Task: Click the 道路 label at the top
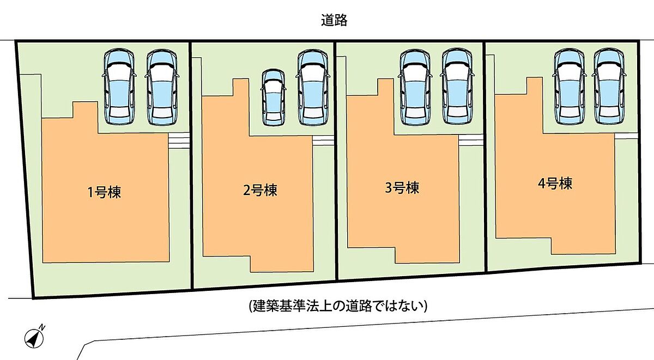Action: (334, 20)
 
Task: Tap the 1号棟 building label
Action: (104, 192)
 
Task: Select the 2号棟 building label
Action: (260, 190)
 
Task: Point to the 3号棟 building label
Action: (402, 187)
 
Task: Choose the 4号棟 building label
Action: (555, 184)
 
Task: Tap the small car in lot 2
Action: (273, 97)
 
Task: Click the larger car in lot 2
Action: (313, 88)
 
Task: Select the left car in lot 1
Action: (119, 87)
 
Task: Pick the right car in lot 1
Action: (162, 87)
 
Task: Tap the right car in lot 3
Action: (457, 87)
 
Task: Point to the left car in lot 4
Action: (570, 87)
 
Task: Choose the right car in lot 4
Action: (609, 87)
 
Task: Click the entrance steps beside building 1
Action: (179, 141)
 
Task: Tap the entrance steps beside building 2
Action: (323, 141)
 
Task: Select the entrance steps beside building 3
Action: (470, 140)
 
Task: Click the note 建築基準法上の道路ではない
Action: (338, 306)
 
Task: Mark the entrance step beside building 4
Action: (626, 136)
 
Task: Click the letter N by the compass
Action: (43, 327)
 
